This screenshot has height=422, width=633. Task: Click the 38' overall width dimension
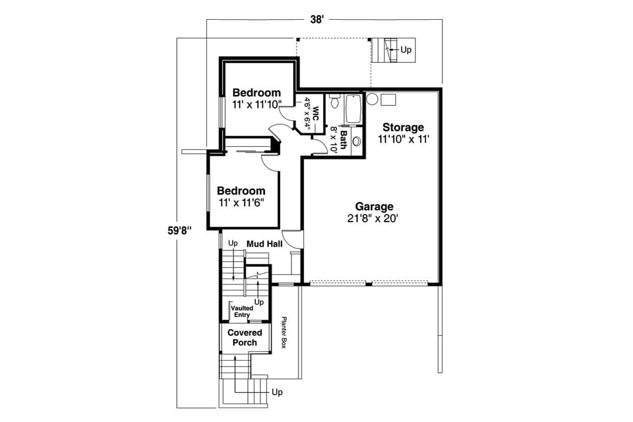[x=316, y=20]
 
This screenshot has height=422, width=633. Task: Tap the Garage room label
[x=374, y=206]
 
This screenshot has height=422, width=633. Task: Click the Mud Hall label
[x=265, y=243]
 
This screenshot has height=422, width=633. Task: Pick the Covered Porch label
[x=245, y=337]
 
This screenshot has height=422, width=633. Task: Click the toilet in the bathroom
[x=335, y=102]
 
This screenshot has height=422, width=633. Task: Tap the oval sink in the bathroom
[x=357, y=141]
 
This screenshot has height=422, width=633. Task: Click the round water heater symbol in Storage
[x=372, y=98]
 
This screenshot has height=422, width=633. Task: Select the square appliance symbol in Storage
[x=388, y=98]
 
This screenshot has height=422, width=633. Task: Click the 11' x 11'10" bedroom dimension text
[x=257, y=104]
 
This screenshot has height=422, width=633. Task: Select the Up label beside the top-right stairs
[x=406, y=50]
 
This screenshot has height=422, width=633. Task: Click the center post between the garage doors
[x=368, y=283]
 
